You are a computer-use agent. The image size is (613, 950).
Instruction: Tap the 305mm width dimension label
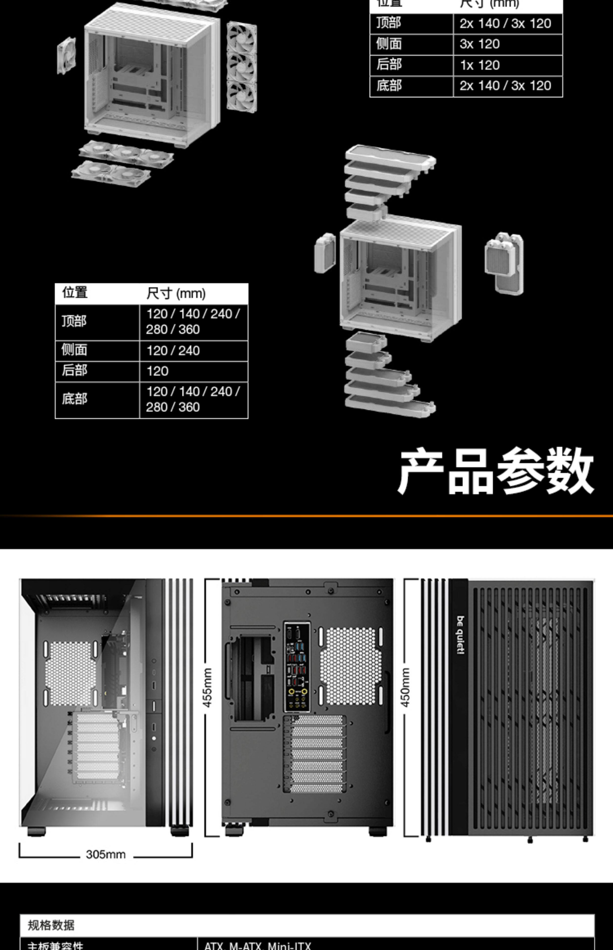tap(106, 855)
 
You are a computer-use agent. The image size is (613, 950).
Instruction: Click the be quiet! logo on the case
tap(460, 635)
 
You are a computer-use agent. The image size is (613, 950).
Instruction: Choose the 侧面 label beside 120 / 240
tap(74, 350)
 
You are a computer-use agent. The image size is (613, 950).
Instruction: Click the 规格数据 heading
tap(51, 925)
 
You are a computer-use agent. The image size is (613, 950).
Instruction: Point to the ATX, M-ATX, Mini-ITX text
tap(258, 946)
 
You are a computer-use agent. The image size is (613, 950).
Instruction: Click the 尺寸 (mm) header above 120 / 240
tap(176, 294)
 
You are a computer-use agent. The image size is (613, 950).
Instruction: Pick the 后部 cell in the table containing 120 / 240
tap(74, 371)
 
